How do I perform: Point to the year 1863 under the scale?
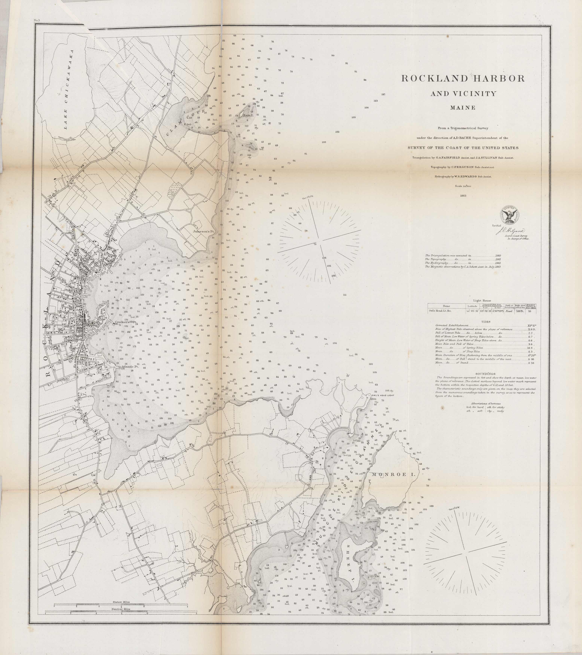463,196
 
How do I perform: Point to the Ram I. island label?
248,115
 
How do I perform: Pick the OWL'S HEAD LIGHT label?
391,395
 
